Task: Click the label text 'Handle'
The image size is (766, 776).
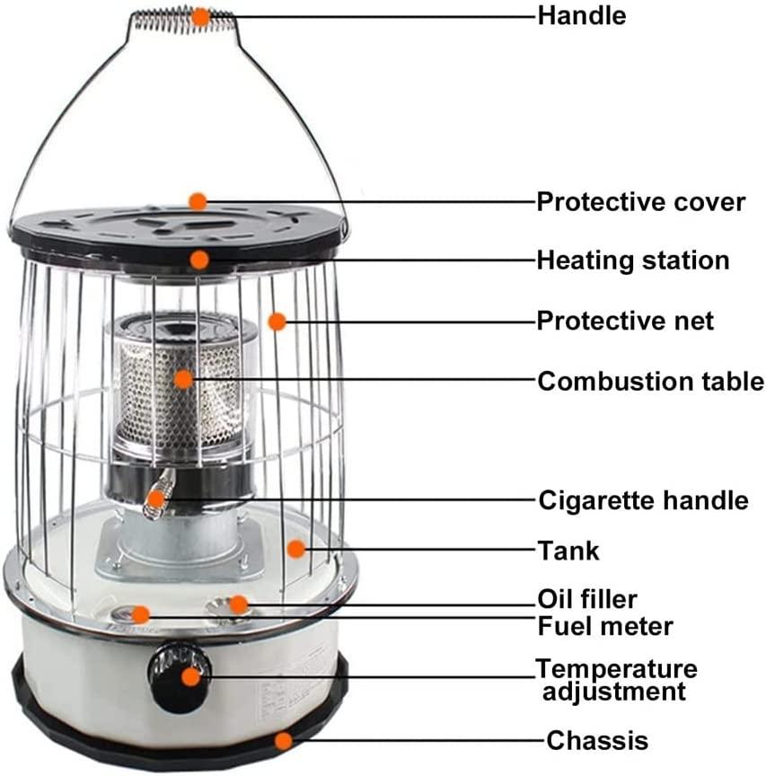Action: click(x=581, y=16)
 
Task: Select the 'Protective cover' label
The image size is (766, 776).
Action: click(x=641, y=202)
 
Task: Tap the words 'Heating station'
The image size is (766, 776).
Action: click(x=633, y=260)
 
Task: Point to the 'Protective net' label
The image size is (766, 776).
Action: click(x=625, y=322)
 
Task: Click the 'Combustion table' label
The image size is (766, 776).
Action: click(x=651, y=382)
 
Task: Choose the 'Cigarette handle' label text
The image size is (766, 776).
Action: click(x=643, y=500)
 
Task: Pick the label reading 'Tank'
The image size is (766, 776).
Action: click(x=568, y=551)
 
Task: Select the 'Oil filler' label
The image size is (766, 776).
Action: click(x=587, y=599)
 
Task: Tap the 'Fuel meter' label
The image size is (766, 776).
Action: click(x=605, y=626)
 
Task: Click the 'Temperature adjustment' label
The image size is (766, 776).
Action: click(x=616, y=680)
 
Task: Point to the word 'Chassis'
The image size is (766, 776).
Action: click(x=597, y=741)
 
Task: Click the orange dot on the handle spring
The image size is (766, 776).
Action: click(x=200, y=17)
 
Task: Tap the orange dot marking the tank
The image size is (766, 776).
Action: click(x=296, y=549)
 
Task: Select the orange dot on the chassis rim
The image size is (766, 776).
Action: click(x=284, y=741)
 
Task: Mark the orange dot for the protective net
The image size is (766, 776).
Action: click(x=277, y=322)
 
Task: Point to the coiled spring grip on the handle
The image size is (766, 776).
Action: click(x=184, y=21)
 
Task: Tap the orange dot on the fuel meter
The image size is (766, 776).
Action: click(x=140, y=614)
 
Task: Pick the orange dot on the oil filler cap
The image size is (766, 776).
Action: click(x=239, y=604)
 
